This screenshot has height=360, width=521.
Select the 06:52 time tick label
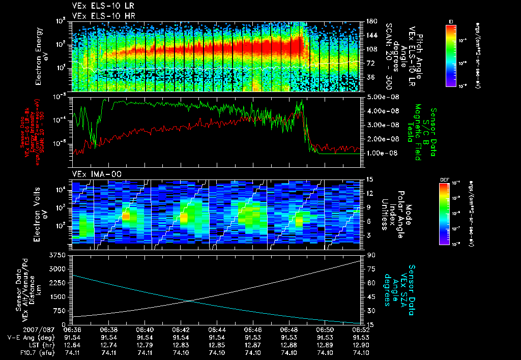coord(360,329)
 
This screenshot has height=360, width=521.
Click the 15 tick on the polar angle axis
coord(367,179)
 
